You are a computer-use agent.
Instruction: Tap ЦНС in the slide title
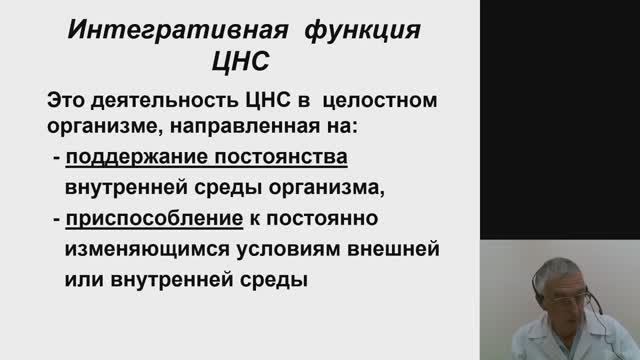(x=244, y=63)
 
